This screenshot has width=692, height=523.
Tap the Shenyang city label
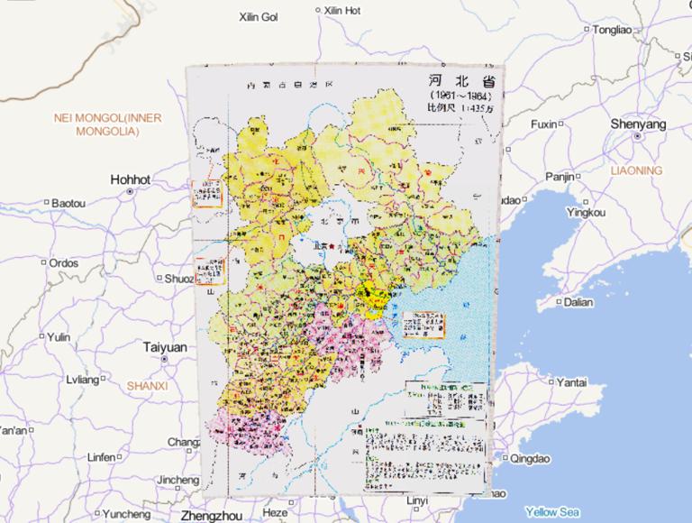click(x=637, y=124)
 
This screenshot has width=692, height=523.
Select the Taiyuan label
click(x=165, y=347)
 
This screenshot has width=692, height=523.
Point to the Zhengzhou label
click(x=213, y=516)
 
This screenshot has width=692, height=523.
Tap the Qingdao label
click(x=529, y=458)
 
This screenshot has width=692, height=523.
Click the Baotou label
click(x=68, y=204)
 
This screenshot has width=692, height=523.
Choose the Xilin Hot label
click(x=341, y=11)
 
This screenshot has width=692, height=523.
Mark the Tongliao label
click(x=612, y=30)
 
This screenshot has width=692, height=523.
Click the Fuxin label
click(x=542, y=124)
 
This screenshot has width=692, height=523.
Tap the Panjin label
click(x=559, y=177)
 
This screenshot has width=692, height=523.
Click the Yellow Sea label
click(x=551, y=511)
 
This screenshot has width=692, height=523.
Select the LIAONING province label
click(x=635, y=170)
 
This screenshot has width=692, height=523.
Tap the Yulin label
click(x=58, y=337)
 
